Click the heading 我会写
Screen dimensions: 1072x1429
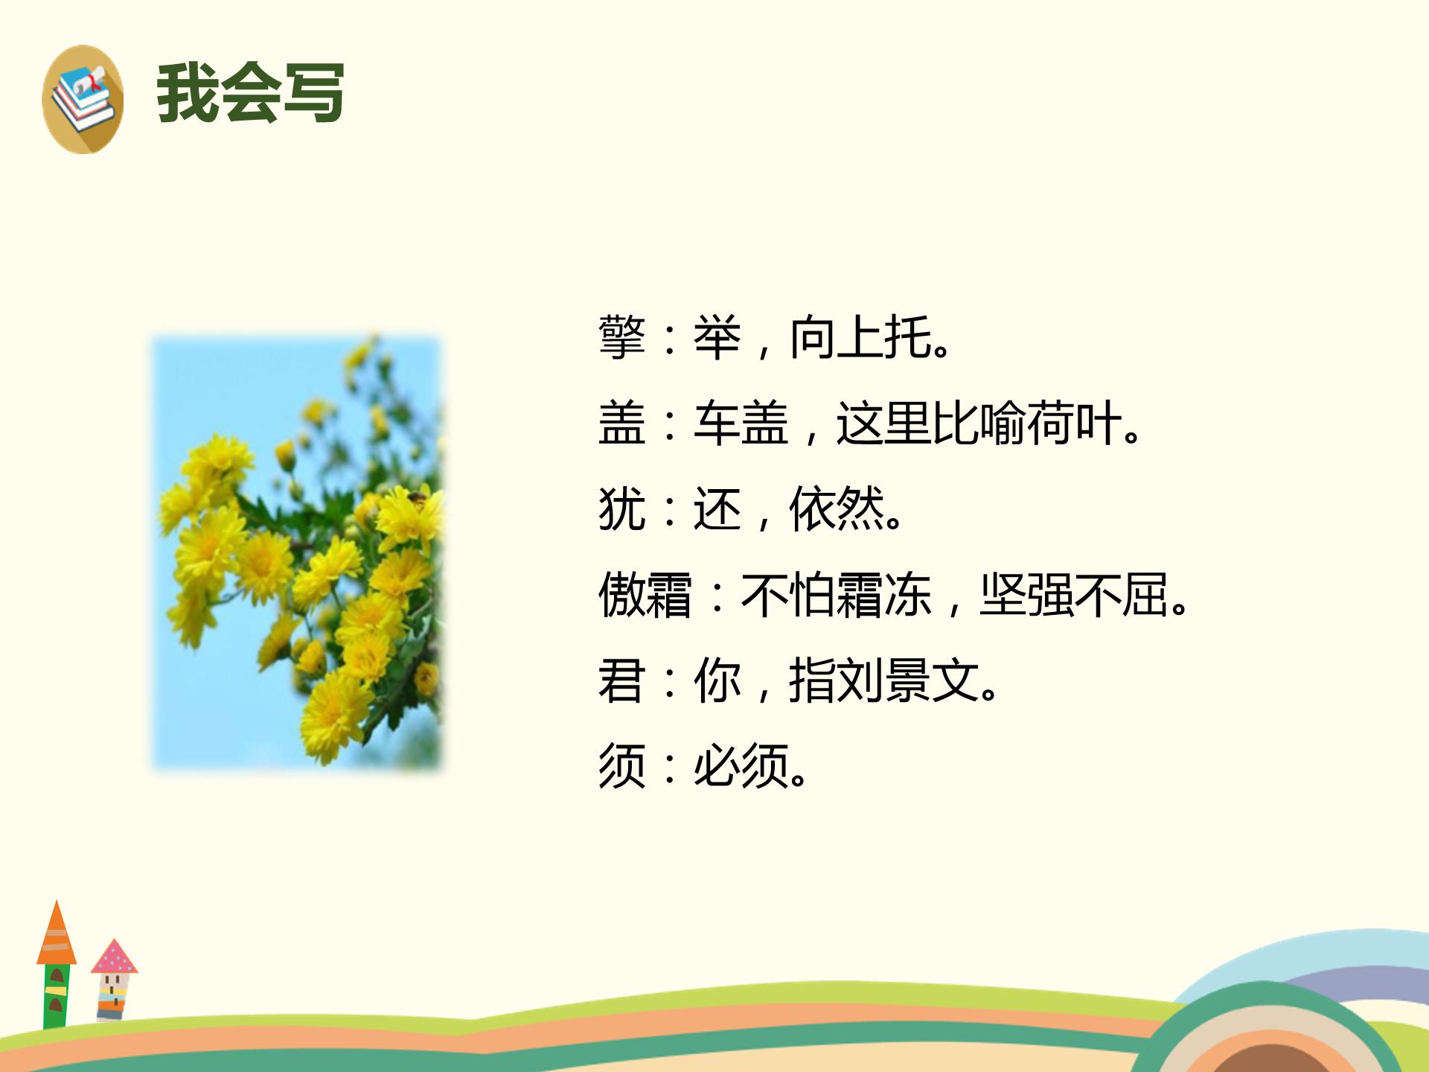(x=250, y=94)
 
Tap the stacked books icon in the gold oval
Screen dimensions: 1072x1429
(x=83, y=99)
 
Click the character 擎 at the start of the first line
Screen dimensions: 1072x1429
(x=621, y=338)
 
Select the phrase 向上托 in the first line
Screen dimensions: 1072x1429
(x=860, y=338)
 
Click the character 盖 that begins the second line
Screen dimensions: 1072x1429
(x=621, y=424)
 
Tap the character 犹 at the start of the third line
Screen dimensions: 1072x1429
(x=621, y=509)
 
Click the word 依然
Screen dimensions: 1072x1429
(x=837, y=509)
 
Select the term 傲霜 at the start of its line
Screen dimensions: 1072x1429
(x=645, y=596)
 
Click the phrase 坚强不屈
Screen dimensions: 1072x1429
(x=1073, y=596)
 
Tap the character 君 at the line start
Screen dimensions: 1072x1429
(x=621, y=681)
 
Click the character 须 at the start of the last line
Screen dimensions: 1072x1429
(x=621, y=767)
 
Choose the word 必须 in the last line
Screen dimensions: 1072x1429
(x=741, y=767)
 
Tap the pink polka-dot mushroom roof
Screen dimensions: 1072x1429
(x=114, y=958)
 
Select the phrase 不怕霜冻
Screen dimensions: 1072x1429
(x=836, y=596)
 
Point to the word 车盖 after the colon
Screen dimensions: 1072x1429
(x=741, y=424)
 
